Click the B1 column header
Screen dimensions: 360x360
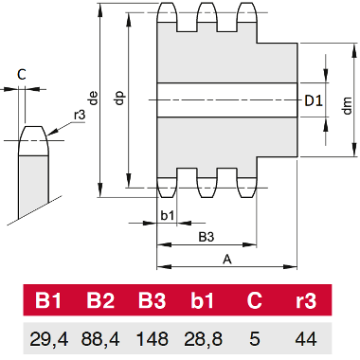pyautogui.click(x=48, y=300)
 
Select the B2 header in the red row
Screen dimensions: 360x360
pyautogui.click(x=100, y=300)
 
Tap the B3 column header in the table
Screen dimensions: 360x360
pyautogui.click(x=152, y=300)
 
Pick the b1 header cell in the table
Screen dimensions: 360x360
pyautogui.click(x=202, y=300)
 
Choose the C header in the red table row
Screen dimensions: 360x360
pyautogui.click(x=254, y=300)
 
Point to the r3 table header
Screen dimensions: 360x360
pyautogui.click(x=306, y=301)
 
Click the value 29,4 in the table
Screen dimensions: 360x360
pyautogui.click(x=48, y=339)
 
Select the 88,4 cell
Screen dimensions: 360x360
pyautogui.click(x=100, y=339)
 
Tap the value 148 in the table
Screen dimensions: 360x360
pyautogui.click(x=152, y=339)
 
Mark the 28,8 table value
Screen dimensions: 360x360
pyautogui.click(x=203, y=339)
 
